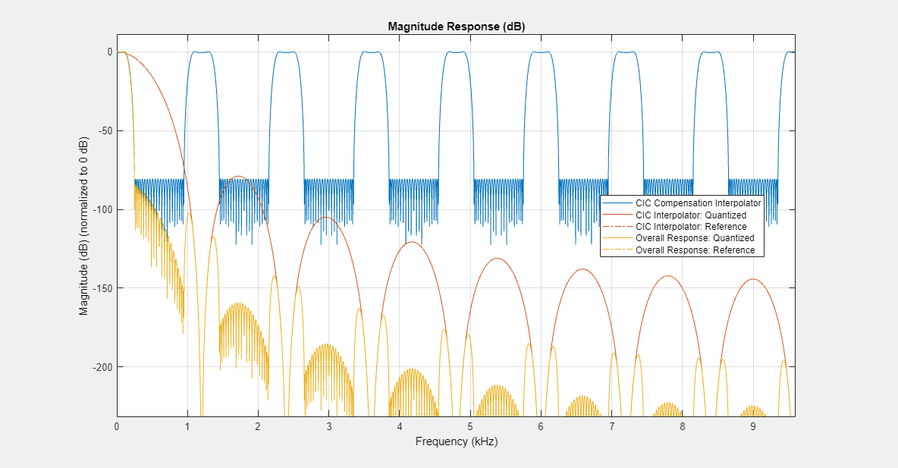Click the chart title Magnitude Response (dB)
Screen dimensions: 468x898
coord(456,26)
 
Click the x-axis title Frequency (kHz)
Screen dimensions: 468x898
coord(456,441)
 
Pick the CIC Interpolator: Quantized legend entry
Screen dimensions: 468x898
coord(690,215)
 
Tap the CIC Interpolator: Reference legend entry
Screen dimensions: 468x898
coord(690,227)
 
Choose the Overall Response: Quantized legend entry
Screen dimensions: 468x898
coord(694,238)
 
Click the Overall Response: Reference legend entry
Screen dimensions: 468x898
coord(694,250)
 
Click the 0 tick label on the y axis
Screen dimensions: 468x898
coord(109,52)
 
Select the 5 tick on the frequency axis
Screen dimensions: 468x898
coord(470,426)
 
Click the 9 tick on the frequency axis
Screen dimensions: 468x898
coord(753,426)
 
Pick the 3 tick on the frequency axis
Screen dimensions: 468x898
coord(329,426)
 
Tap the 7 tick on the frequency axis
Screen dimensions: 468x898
coord(612,426)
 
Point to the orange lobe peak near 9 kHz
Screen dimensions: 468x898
coord(752,279)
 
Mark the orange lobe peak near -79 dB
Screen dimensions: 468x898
coord(239,176)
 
